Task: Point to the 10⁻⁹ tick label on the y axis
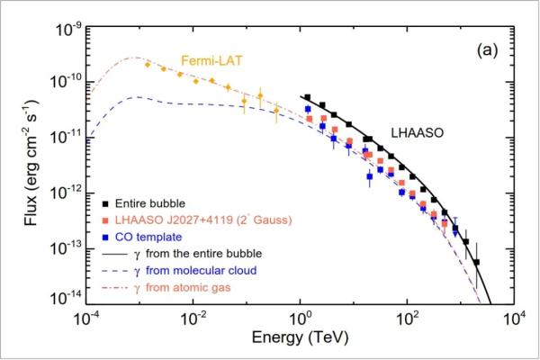click(69, 28)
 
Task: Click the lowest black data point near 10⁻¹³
click(477, 263)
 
